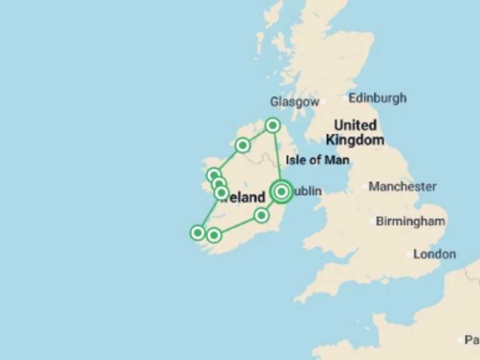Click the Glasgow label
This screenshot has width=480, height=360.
click(294, 102)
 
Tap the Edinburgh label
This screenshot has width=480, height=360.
click(377, 98)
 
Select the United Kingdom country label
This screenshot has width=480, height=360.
click(355, 132)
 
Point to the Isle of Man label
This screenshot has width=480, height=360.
click(317, 161)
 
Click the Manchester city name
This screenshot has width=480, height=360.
click(403, 187)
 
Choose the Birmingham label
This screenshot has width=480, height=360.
click(411, 221)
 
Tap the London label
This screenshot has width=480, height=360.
click(435, 254)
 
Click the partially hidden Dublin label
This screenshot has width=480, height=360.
click(307, 191)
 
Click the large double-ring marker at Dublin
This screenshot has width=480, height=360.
click(281, 191)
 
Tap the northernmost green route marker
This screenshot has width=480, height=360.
click(272, 126)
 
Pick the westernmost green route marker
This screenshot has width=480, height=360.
click(197, 233)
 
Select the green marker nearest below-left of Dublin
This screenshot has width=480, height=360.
click(261, 216)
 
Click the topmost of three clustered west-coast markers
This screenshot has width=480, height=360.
click(214, 176)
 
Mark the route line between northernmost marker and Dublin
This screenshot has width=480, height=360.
click(277, 157)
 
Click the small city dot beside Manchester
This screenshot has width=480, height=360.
click(365, 186)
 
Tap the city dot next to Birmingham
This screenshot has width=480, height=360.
click(373, 221)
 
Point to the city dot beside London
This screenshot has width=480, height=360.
click(410, 254)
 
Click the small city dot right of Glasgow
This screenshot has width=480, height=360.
click(322, 101)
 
